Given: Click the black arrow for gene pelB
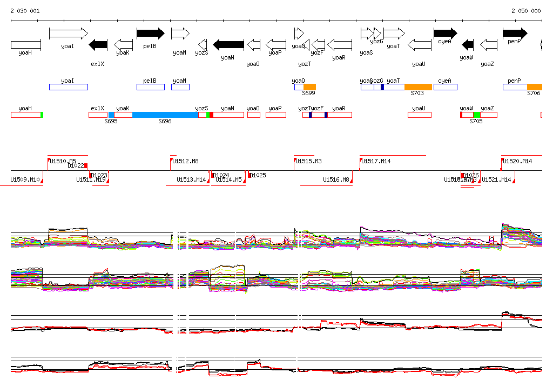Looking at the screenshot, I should point(150,34).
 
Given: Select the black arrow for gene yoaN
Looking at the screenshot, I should point(228,44).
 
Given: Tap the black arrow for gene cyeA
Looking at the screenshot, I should point(445,34).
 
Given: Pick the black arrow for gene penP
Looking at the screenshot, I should point(515,34).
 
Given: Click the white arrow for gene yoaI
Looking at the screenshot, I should point(68,34).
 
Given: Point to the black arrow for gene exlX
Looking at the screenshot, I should point(98,44).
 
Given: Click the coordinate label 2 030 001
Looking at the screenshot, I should point(25,11).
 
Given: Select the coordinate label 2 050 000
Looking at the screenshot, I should point(526,11).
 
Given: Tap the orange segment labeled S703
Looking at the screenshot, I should point(418,87).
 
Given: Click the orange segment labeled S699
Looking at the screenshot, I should point(309,87).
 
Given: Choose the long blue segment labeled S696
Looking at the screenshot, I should point(165,115).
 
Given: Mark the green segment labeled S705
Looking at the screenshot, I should point(477,115).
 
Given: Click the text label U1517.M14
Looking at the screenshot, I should point(376,161).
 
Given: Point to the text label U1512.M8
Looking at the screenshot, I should point(186,161).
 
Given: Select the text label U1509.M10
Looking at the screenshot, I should point(25,179).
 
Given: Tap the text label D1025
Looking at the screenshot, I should point(259,175).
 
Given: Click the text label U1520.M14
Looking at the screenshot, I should point(517,161).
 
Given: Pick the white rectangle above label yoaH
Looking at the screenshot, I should point(26,44).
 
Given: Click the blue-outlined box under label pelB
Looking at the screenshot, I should point(150,87).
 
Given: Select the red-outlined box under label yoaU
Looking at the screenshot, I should point(419,115).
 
